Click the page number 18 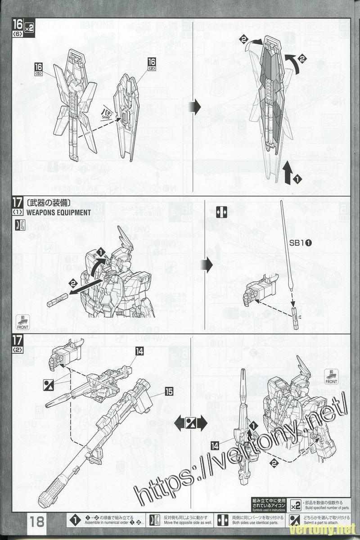pos(37,522)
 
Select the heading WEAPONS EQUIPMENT pos(58,212)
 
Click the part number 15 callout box pos(169,391)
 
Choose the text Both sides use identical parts pos(255,523)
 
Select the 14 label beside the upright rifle pos(215,445)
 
